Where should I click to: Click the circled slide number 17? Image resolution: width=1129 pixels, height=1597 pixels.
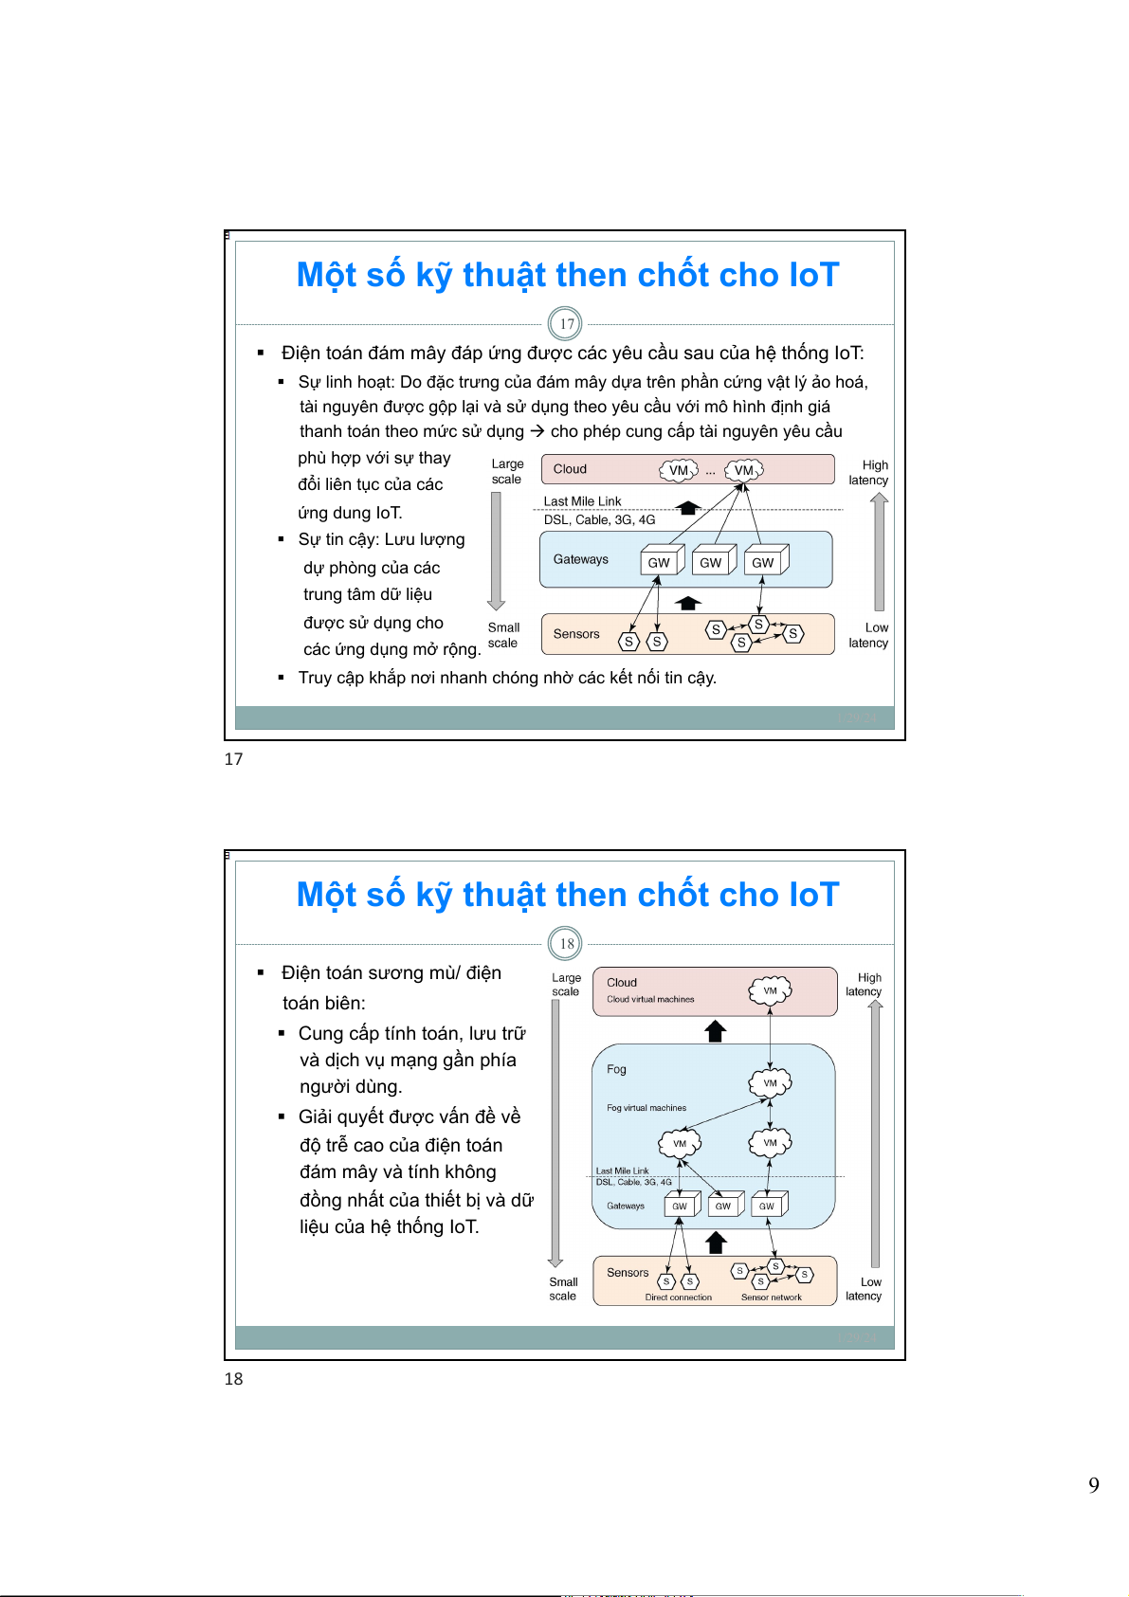click(x=566, y=324)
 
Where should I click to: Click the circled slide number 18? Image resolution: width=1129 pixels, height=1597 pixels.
click(x=566, y=944)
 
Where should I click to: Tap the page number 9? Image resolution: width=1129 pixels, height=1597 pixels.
click(x=1094, y=1485)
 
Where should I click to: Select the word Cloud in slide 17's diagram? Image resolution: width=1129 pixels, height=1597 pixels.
click(x=570, y=469)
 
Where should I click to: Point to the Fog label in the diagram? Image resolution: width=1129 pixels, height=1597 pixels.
click(x=616, y=1069)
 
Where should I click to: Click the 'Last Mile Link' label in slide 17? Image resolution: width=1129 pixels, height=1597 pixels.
click(x=582, y=501)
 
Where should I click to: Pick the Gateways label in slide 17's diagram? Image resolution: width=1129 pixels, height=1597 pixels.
click(x=580, y=559)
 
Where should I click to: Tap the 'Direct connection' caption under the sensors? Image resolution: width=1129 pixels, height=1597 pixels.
click(x=678, y=1298)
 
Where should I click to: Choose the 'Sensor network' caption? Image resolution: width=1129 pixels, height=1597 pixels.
click(x=771, y=1298)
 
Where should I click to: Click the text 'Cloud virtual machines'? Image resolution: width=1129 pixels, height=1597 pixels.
click(x=650, y=999)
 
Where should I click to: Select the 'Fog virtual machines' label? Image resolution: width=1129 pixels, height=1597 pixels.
click(x=646, y=1108)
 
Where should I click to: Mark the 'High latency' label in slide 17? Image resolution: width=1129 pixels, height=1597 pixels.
click(x=868, y=472)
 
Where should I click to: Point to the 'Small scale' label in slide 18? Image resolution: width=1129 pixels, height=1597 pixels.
click(x=563, y=1289)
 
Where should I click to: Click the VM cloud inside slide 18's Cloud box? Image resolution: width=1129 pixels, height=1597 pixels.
click(x=770, y=990)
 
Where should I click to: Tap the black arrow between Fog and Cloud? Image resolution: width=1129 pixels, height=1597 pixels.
click(x=716, y=1031)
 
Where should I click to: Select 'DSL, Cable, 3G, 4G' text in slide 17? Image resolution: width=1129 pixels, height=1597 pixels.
click(x=599, y=519)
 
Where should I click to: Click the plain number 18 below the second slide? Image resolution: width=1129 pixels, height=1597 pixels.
click(x=233, y=1379)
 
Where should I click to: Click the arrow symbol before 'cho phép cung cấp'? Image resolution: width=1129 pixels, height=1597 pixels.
click(x=537, y=431)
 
